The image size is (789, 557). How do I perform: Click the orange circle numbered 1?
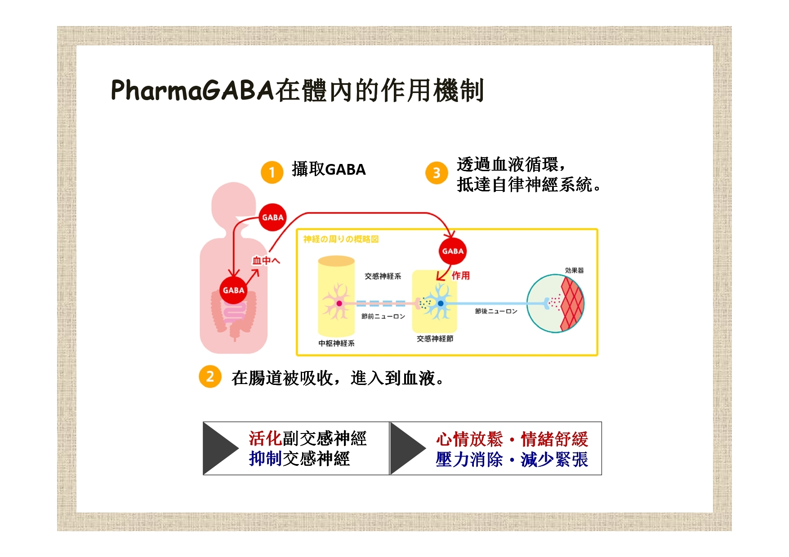click(x=272, y=172)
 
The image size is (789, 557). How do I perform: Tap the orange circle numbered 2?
click(x=210, y=376)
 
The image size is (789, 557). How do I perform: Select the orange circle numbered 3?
click(x=436, y=172)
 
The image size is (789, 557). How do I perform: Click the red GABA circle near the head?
click(x=272, y=217)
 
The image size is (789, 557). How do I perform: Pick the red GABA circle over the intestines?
click(x=233, y=290)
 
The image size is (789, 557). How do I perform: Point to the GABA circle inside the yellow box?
click(x=452, y=251)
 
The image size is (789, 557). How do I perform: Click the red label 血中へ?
click(x=266, y=261)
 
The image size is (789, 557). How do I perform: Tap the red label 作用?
click(x=460, y=275)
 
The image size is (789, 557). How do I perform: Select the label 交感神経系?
click(x=383, y=276)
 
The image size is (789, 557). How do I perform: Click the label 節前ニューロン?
click(x=383, y=316)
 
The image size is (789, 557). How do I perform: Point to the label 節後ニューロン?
click(x=496, y=311)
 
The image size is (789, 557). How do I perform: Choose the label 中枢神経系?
click(x=336, y=343)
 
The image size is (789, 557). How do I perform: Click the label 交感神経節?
click(x=435, y=339)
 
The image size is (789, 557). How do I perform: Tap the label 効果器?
click(x=574, y=270)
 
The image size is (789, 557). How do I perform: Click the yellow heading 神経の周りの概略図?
click(x=341, y=239)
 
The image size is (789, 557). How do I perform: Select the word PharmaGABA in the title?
click(x=192, y=90)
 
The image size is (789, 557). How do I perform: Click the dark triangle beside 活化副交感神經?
click(x=220, y=448)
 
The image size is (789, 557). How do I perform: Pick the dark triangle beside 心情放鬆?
click(x=407, y=448)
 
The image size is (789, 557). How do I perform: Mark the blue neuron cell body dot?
click(x=441, y=304)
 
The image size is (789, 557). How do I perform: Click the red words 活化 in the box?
click(x=265, y=438)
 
